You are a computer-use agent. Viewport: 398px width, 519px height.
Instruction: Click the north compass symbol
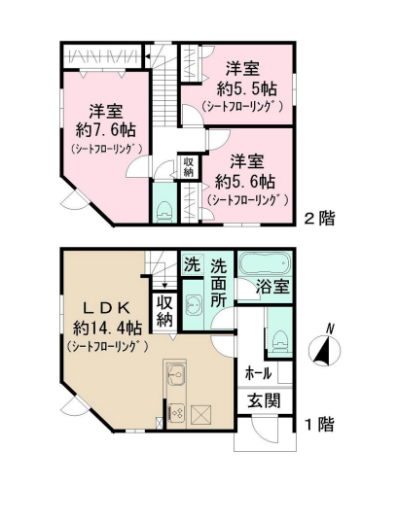pos(324,349)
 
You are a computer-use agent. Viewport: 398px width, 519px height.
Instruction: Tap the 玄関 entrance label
pos(264,400)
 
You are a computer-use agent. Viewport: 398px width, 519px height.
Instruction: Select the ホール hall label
pos(258,373)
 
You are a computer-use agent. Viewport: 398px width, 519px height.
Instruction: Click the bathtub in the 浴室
pos(265,263)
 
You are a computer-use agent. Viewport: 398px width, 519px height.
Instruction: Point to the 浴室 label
pos(273,287)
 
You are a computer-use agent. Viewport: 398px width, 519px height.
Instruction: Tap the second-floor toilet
pos(163,211)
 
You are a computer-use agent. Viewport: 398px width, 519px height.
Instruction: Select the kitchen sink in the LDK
pos(176,374)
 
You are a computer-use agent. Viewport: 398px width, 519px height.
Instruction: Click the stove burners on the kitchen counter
pos(176,412)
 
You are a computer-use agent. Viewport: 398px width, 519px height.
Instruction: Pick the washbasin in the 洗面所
pos(193,304)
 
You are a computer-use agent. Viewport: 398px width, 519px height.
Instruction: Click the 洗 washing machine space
pos(193,264)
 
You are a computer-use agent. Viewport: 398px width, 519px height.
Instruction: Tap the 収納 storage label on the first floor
pos(164,310)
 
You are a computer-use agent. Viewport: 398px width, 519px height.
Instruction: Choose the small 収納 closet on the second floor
pos(188,167)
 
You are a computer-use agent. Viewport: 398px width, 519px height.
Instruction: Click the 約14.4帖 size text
pos(107,329)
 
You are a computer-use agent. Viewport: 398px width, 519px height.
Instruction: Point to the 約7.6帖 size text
pos(106,130)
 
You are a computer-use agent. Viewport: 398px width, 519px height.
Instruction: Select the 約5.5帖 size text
pos(247,88)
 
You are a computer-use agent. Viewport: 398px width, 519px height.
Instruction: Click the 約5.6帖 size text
pos(245,181)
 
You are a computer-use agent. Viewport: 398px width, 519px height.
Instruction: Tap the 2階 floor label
pos(319,219)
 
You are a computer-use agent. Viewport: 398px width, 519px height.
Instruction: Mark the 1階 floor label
pos(319,425)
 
